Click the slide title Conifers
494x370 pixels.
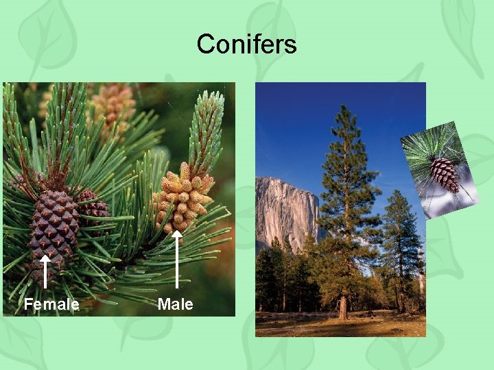click(x=246, y=45)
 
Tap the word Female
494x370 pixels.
click(x=51, y=304)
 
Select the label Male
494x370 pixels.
click(x=175, y=304)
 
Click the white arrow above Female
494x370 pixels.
click(x=45, y=271)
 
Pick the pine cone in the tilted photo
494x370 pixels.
click(x=444, y=174)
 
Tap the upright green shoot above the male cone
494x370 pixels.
click(x=206, y=130)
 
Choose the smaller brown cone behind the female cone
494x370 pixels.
click(x=93, y=206)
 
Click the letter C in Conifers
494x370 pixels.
click(x=204, y=45)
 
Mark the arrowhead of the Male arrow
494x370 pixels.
click(x=177, y=236)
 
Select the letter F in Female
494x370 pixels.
click(x=28, y=304)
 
